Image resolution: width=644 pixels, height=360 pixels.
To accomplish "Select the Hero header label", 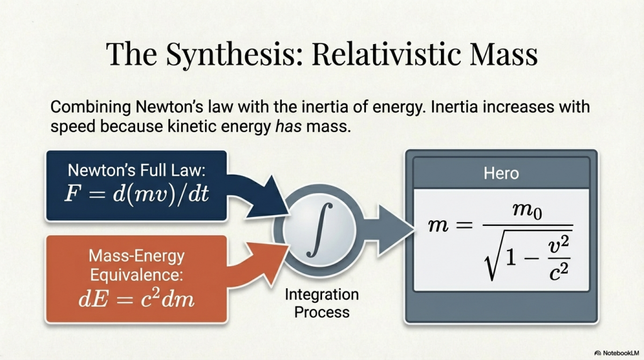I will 501,172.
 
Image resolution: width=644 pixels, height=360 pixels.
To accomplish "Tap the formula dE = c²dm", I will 136,298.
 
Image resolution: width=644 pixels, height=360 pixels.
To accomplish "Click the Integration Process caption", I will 321,303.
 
